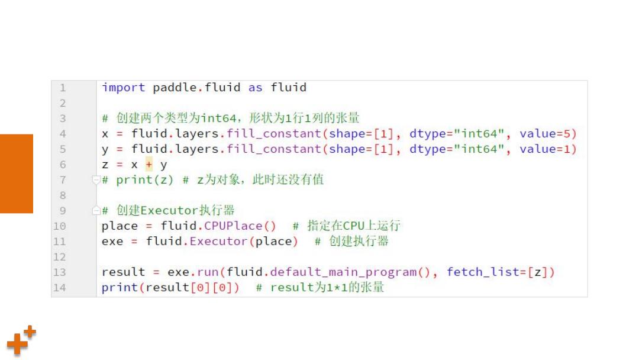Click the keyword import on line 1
point(123,88)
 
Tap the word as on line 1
point(255,88)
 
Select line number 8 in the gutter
point(62,195)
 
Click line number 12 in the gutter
point(60,257)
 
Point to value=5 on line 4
point(545,134)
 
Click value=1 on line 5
point(545,149)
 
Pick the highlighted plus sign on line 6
point(149,164)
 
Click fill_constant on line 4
point(274,134)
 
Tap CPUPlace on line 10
point(233,226)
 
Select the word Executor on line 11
point(218,242)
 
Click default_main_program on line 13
point(343,272)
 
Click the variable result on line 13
point(123,272)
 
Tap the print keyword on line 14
point(120,288)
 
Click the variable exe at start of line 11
point(112,242)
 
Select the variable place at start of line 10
point(120,226)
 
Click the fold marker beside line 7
point(96,180)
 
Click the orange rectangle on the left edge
point(17,173)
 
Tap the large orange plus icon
point(17,343)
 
